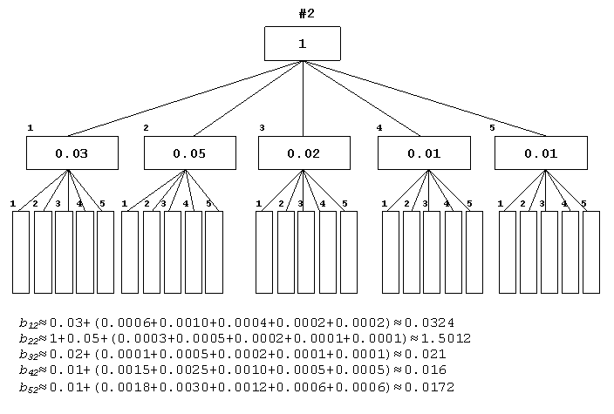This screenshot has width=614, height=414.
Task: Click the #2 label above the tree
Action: (307, 14)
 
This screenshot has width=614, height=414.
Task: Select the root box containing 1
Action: (303, 44)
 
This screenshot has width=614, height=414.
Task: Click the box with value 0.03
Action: (72, 153)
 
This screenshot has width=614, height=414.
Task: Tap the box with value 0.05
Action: (190, 153)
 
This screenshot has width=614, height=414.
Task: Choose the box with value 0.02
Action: (304, 153)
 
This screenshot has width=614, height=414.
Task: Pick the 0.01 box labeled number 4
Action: (424, 153)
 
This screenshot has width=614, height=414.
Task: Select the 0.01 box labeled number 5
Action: (541, 153)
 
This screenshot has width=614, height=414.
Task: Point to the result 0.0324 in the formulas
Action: (429, 322)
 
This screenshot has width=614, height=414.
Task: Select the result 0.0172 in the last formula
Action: (429, 387)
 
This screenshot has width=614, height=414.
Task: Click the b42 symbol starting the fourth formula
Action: (29, 370)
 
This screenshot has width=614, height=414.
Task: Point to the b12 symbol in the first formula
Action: (29, 323)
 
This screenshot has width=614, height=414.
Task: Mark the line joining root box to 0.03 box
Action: (185, 98)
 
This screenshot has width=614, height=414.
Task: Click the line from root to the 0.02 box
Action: (304, 98)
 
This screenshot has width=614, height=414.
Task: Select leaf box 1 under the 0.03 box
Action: (21, 253)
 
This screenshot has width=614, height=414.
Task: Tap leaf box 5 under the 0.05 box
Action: (215, 253)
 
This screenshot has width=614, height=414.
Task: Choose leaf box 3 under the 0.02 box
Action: (306, 253)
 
